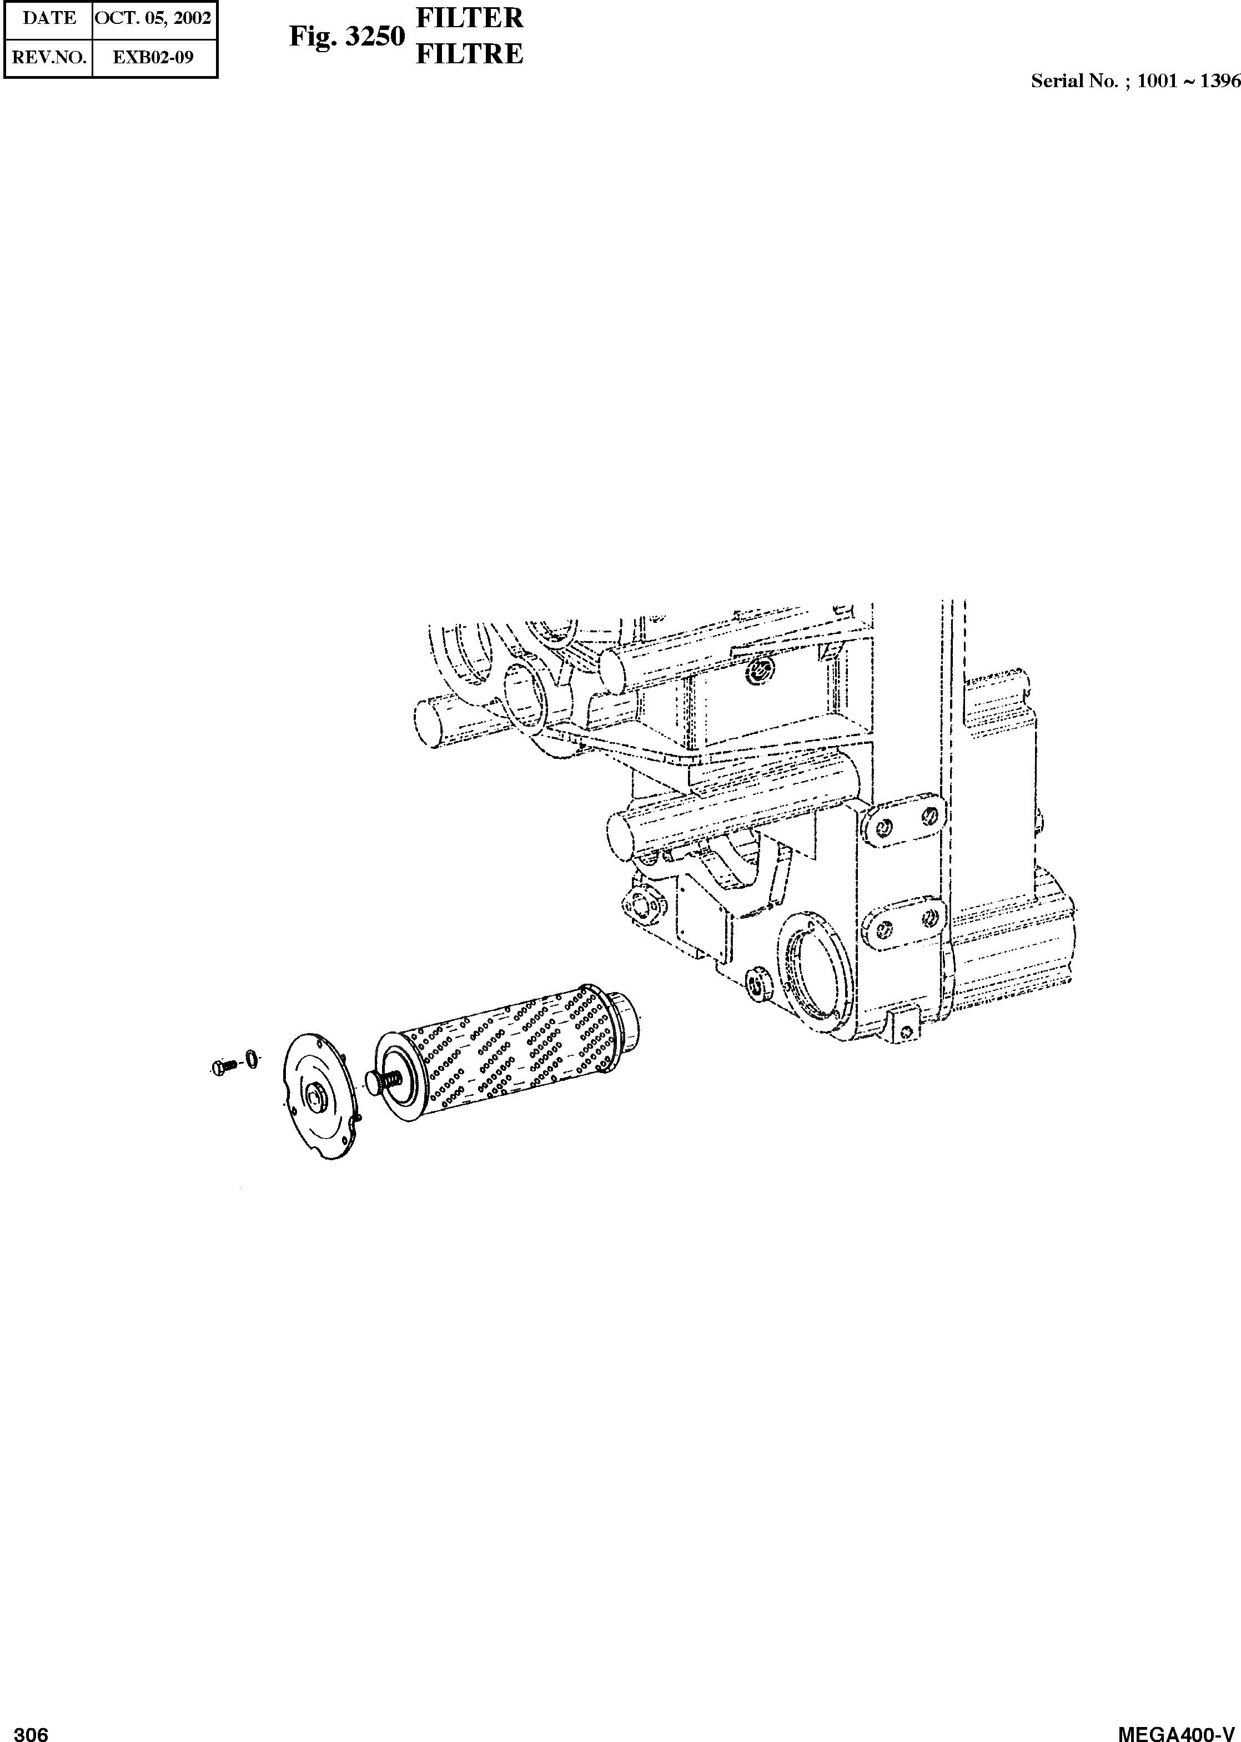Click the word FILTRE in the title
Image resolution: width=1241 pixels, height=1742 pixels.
[x=469, y=53]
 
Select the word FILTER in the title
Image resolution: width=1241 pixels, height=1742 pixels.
[x=469, y=18]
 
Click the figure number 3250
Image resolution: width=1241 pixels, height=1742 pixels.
[x=374, y=37]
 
